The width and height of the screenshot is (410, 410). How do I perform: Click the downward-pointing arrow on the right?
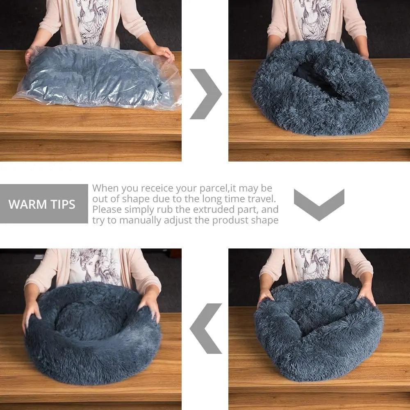319,204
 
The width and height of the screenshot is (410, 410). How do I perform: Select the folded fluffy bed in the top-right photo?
320,88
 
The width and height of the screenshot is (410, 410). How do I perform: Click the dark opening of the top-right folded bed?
314,76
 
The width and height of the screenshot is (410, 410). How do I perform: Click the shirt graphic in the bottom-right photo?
313,262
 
